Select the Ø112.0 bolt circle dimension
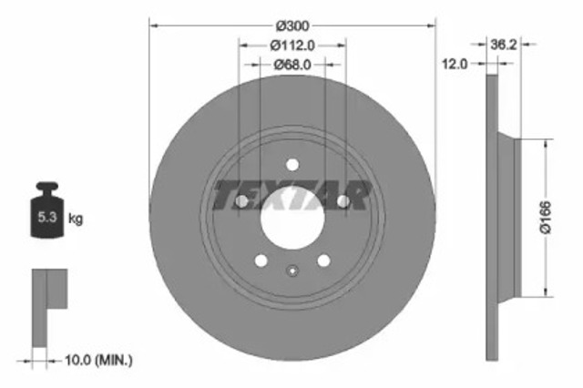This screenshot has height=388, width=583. (x=291, y=45)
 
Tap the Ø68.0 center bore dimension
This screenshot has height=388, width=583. (x=291, y=64)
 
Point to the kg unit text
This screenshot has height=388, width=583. (x=77, y=219)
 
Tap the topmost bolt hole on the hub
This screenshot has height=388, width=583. (x=291, y=164)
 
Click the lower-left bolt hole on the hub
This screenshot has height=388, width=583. (x=261, y=261)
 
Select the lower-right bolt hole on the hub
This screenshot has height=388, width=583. (x=323, y=261)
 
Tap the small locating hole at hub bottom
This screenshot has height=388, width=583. (x=291, y=269)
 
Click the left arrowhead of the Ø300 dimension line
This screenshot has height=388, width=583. (x=153, y=26)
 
